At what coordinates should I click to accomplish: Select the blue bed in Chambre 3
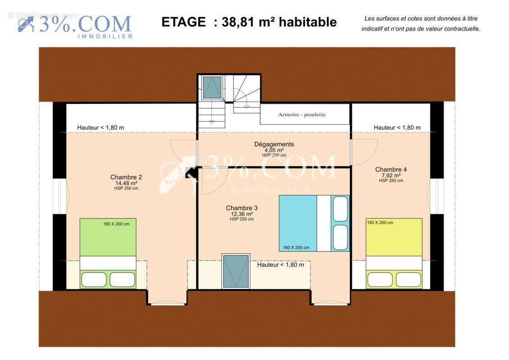[314, 223]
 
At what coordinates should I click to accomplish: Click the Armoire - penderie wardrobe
[305, 114]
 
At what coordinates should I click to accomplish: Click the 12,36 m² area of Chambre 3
[242, 214]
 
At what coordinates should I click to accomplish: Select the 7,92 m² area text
[391, 175]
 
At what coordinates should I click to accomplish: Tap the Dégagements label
[274, 144]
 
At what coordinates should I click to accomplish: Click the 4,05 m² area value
[274, 150]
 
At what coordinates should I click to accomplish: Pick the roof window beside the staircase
[212, 87]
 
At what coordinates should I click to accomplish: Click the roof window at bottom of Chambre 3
[236, 271]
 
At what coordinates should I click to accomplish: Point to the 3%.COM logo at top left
[75, 26]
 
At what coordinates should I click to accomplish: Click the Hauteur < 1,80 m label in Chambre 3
[280, 265]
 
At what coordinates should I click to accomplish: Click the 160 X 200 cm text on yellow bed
[380, 222]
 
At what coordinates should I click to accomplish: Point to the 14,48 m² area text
[126, 183]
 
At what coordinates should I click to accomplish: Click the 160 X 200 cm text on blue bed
[296, 247]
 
